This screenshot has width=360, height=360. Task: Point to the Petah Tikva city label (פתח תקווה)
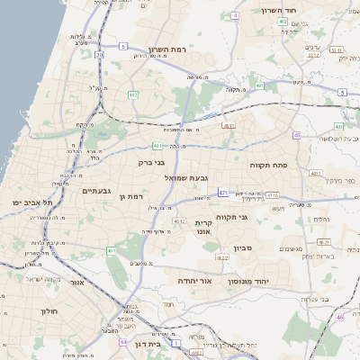click(x=269, y=166)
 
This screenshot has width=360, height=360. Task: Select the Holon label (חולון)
click(x=49, y=310)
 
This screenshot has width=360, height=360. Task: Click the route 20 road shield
click(x=100, y=56)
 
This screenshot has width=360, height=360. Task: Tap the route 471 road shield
click(x=223, y=193)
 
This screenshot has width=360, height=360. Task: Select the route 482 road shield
click(x=133, y=94)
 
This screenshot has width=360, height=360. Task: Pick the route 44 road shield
click(x=123, y=342)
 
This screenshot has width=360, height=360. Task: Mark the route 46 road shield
click(x=339, y=317)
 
